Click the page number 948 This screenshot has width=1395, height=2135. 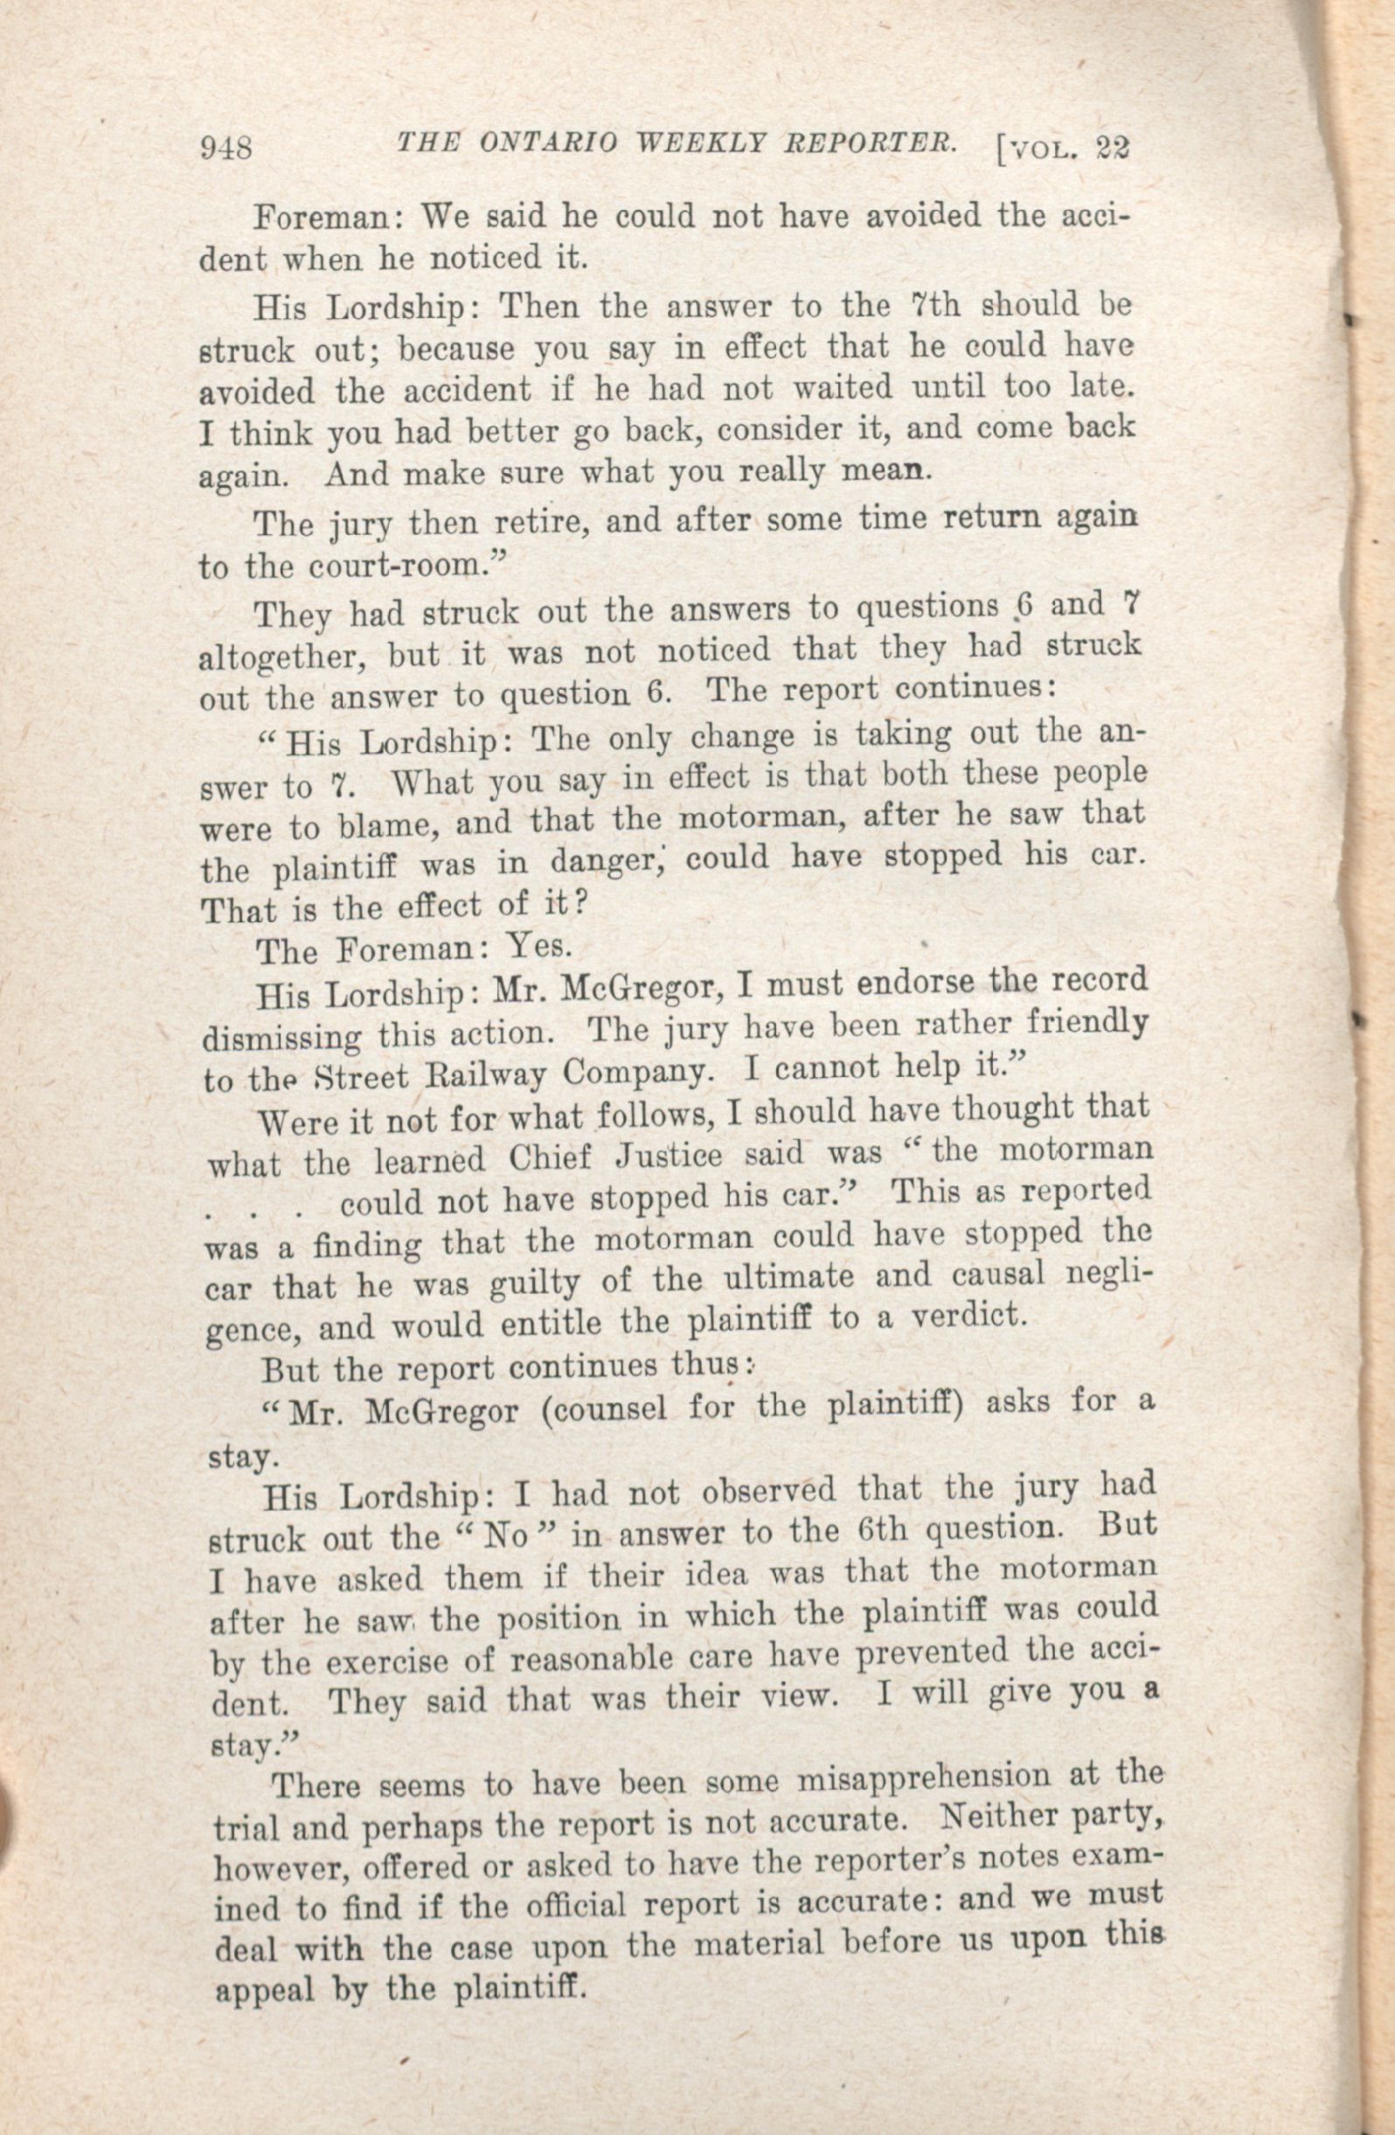point(228,147)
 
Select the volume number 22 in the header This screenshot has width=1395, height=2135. point(1111,149)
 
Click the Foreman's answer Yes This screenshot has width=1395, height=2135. point(536,944)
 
